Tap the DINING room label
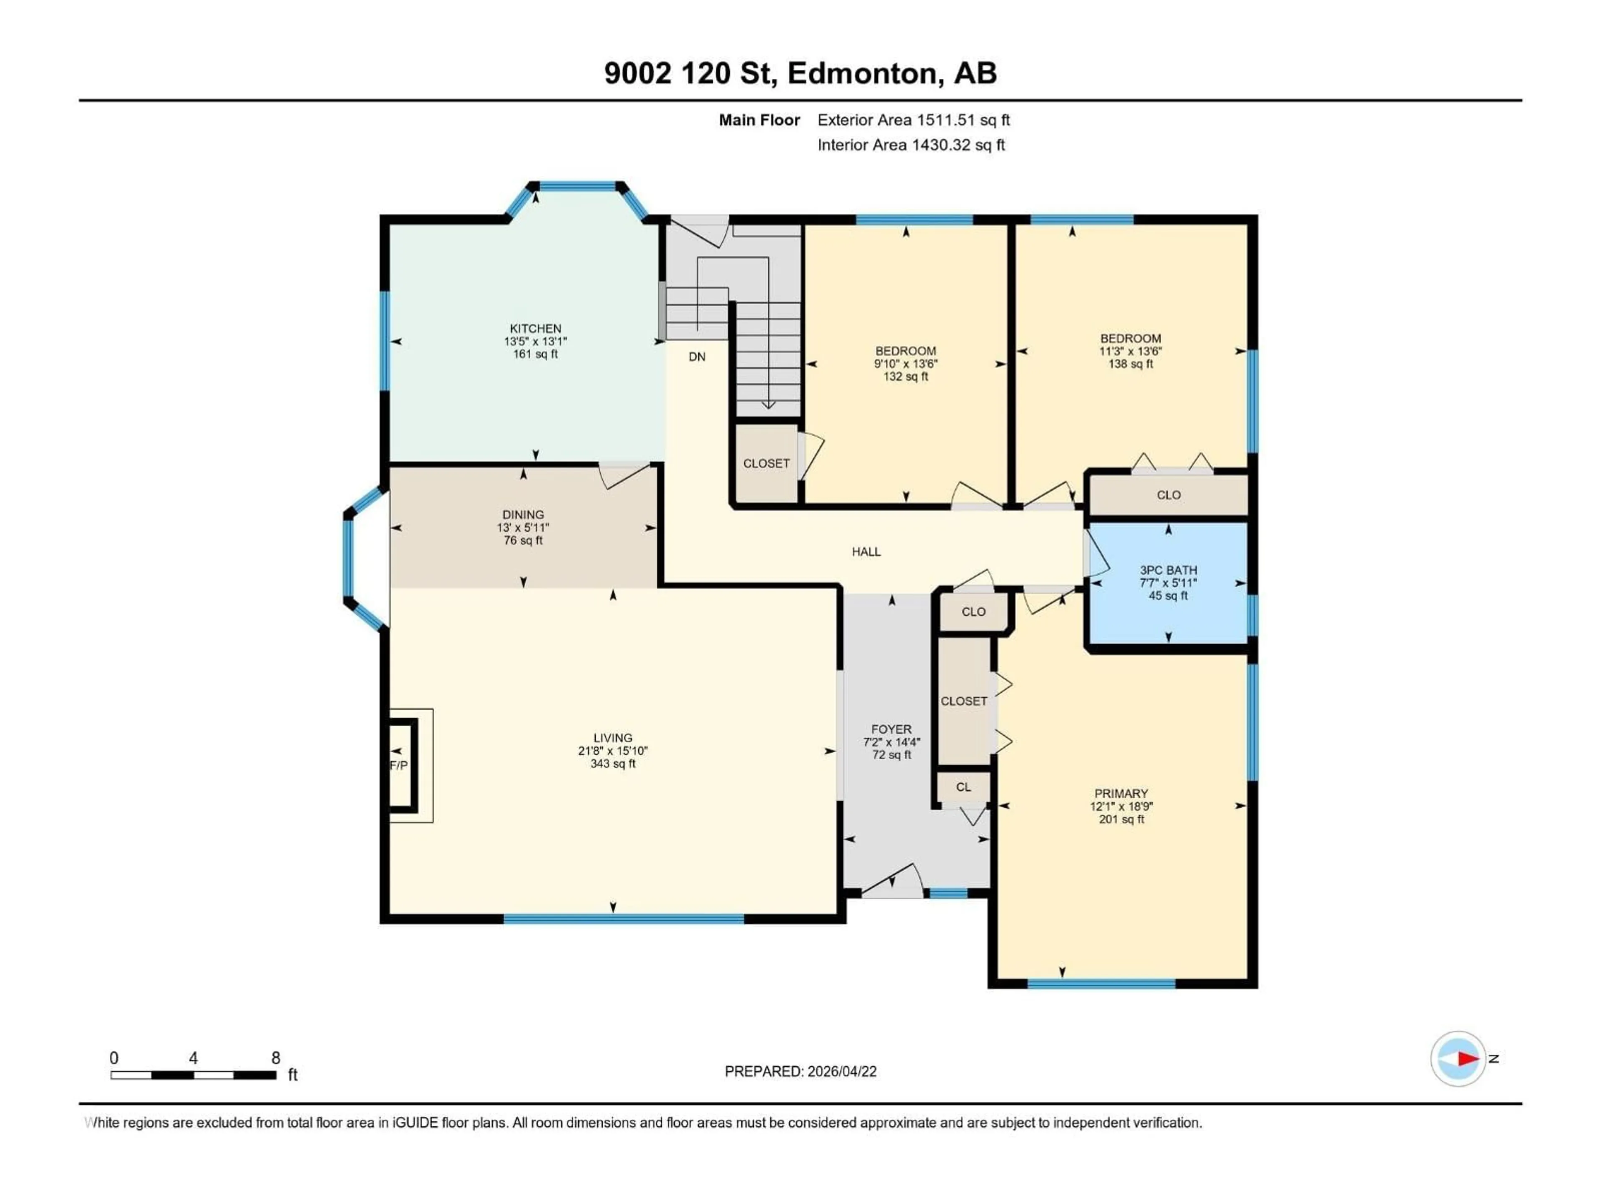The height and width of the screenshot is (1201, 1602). click(523, 515)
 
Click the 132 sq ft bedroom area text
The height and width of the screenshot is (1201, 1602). click(905, 377)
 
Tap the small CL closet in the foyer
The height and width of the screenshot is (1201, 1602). click(963, 787)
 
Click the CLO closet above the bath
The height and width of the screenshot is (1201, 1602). click(1168, 495)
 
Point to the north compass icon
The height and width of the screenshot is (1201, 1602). click(1458, 1058)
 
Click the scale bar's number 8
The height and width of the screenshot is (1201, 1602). click(275, 1058)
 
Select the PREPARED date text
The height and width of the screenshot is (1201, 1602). click(800, 1071)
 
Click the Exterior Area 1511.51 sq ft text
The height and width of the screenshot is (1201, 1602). click(913, 120)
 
